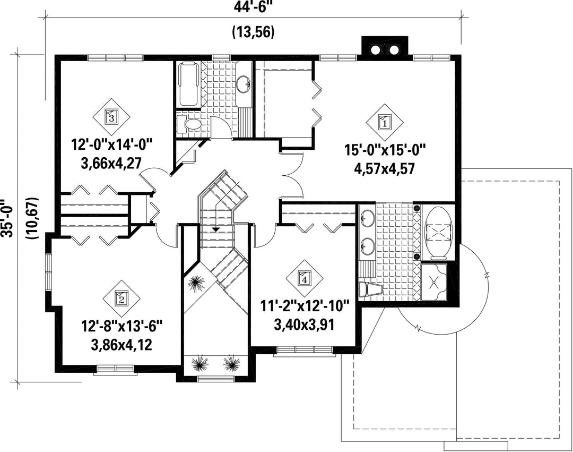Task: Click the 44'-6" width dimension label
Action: (252, 6)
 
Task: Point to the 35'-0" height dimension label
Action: (6, 218)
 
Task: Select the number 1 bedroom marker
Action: (385, 121)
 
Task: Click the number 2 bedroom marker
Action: (120, 298)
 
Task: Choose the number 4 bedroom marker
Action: (304, 278)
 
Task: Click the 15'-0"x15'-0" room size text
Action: (385, 150)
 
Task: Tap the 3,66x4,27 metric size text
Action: (111, 163)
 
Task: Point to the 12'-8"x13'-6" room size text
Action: (121, 326)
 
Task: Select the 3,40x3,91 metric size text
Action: (304, 325)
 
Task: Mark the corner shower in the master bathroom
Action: (434, 281)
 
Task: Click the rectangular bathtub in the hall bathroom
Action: (188, 83)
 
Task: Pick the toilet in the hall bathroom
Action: (188, 124)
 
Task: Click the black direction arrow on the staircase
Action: (216, 229)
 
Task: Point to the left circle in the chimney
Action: (375, 50)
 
